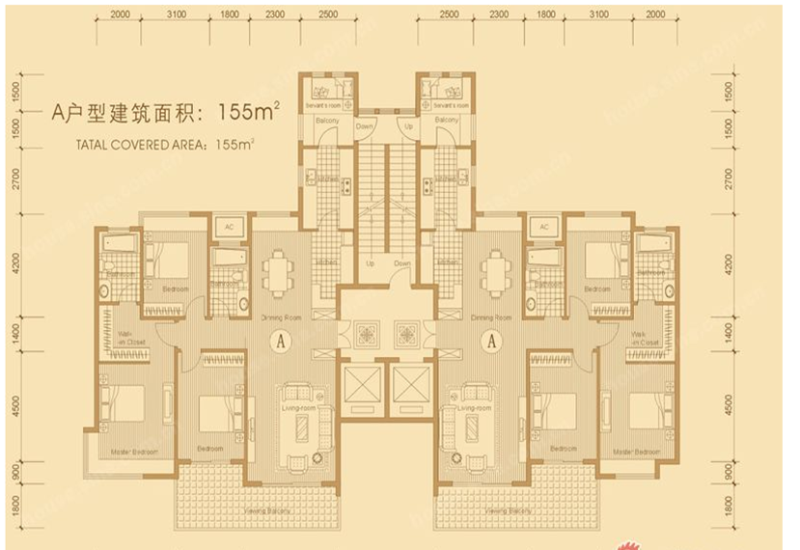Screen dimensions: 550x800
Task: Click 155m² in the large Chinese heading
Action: coord(249,113)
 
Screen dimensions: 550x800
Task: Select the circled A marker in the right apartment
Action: coord(492,340)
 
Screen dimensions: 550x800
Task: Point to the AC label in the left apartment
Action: coord(230,227)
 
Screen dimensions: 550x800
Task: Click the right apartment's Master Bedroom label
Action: coord(641,451)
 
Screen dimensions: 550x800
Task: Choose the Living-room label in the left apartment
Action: coord(300,407)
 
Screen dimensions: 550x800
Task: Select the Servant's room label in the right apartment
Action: coord(451,102)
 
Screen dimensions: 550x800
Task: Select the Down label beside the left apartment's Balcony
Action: coord(364,126)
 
